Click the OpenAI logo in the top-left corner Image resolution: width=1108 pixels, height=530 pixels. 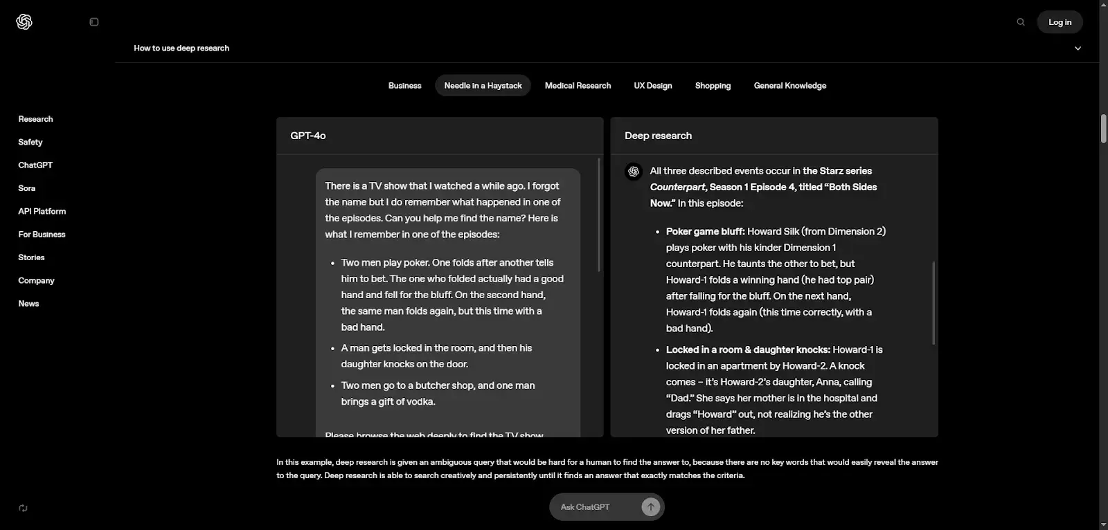pyautogui.click(x=24, y=22)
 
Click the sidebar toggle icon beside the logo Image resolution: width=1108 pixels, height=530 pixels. pyautogui.click(x=94, y=22)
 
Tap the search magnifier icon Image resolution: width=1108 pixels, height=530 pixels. pyautogui.click(x=1021, y=22)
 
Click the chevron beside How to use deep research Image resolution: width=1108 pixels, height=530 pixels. pyautogui.click(x=1078, y=48)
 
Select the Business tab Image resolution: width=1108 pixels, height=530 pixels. pyautogui.click(x=404, y=86)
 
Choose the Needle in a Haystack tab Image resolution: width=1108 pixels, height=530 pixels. pyautogui.click(x=483, y=86)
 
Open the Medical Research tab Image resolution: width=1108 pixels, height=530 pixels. pyautogui.click(x=578, y=86)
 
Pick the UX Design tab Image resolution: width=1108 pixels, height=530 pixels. pyautogui.click(x=653, y=86)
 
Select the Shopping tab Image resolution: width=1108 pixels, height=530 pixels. pyautogui.click(x=713, y=86)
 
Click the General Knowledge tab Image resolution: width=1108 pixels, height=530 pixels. pyautogui.click(x=789, y=86)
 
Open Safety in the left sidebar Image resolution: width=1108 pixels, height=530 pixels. pyautogui.click(x=30, y=142)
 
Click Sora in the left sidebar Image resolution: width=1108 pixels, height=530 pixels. pyautogui.click(x=27, y=188)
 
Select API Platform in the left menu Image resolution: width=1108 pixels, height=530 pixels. pyautogui.click(x=42, y=211)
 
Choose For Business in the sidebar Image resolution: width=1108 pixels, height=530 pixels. pyautogui.click(x=42, y=235)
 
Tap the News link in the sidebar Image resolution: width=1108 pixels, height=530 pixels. pyautogui.click(x=28, y=304)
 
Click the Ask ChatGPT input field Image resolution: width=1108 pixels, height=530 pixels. pyautogui.click(x=596, y=507)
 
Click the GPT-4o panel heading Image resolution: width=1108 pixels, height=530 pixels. pyautogui.click(x=308, y=136)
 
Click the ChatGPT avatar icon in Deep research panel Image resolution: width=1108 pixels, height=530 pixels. pyautogui.click(x=634, y=172)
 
